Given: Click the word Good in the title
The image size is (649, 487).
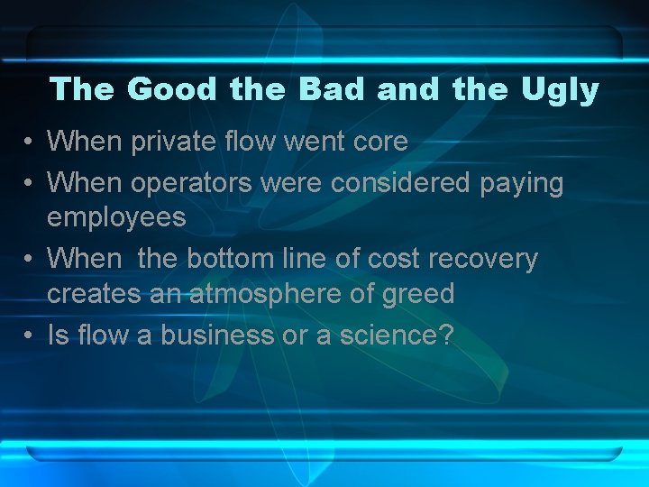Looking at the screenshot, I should pos(173,89).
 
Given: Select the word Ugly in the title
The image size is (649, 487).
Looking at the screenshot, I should pos(561,89).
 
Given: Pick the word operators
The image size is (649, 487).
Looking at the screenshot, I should pos(192,183).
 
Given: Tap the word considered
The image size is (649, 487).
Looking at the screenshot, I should pos(401,183).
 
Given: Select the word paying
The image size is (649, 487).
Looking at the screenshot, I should pos(522,183).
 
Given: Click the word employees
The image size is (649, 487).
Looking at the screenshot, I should pos(116,217).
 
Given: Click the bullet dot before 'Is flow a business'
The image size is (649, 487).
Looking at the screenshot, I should pos(30,335).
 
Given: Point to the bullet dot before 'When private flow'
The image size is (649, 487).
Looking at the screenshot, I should pos(30,142).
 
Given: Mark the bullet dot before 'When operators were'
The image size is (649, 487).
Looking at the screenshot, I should pos(30,184).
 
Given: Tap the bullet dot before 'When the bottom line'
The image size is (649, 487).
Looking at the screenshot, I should pos(30,260).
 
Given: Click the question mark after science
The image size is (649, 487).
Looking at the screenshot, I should pos(446,335).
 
